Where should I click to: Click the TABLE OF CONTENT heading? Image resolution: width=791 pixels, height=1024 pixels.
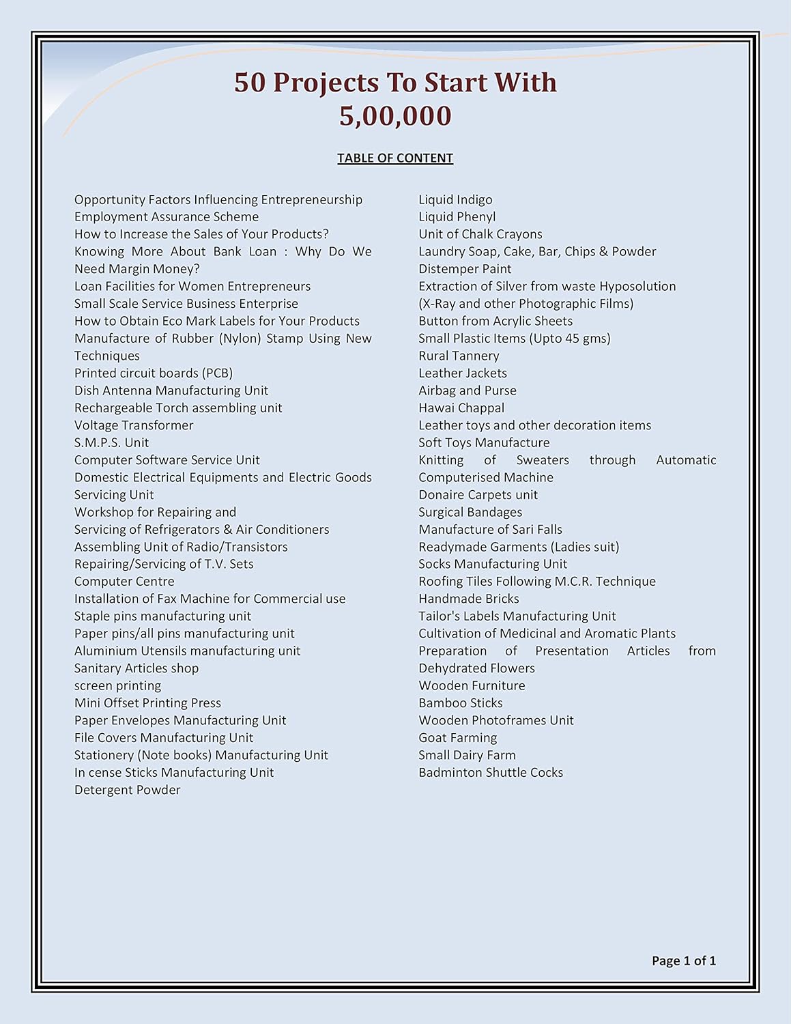395,158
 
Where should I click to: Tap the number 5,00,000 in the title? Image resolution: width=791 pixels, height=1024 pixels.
395,116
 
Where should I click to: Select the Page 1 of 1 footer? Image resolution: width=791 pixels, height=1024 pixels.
683,961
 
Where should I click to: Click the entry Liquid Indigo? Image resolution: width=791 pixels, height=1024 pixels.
455,199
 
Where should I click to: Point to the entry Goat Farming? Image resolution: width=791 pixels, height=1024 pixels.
457,737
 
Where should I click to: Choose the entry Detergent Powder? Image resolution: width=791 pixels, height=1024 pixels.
127,790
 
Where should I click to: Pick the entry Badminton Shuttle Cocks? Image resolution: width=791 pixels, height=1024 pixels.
491,772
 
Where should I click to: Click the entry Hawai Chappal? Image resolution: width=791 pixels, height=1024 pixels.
461,408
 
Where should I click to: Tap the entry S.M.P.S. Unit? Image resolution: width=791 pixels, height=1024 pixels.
111,442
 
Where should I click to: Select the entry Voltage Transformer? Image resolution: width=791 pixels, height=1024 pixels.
134,425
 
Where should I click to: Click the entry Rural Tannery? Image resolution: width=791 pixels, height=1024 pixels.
459,356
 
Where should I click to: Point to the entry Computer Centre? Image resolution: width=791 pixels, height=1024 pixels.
124,581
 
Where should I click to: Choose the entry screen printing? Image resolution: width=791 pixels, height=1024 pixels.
117,685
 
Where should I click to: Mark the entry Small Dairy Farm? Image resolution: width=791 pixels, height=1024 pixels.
467,755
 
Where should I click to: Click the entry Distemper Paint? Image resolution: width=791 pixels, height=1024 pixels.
465,269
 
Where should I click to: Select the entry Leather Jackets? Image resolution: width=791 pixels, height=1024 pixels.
463,373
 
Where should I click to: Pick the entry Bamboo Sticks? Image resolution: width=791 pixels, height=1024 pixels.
460,702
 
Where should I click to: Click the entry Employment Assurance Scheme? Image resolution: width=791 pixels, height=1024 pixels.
167,216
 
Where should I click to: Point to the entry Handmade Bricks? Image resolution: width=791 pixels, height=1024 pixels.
469,599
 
